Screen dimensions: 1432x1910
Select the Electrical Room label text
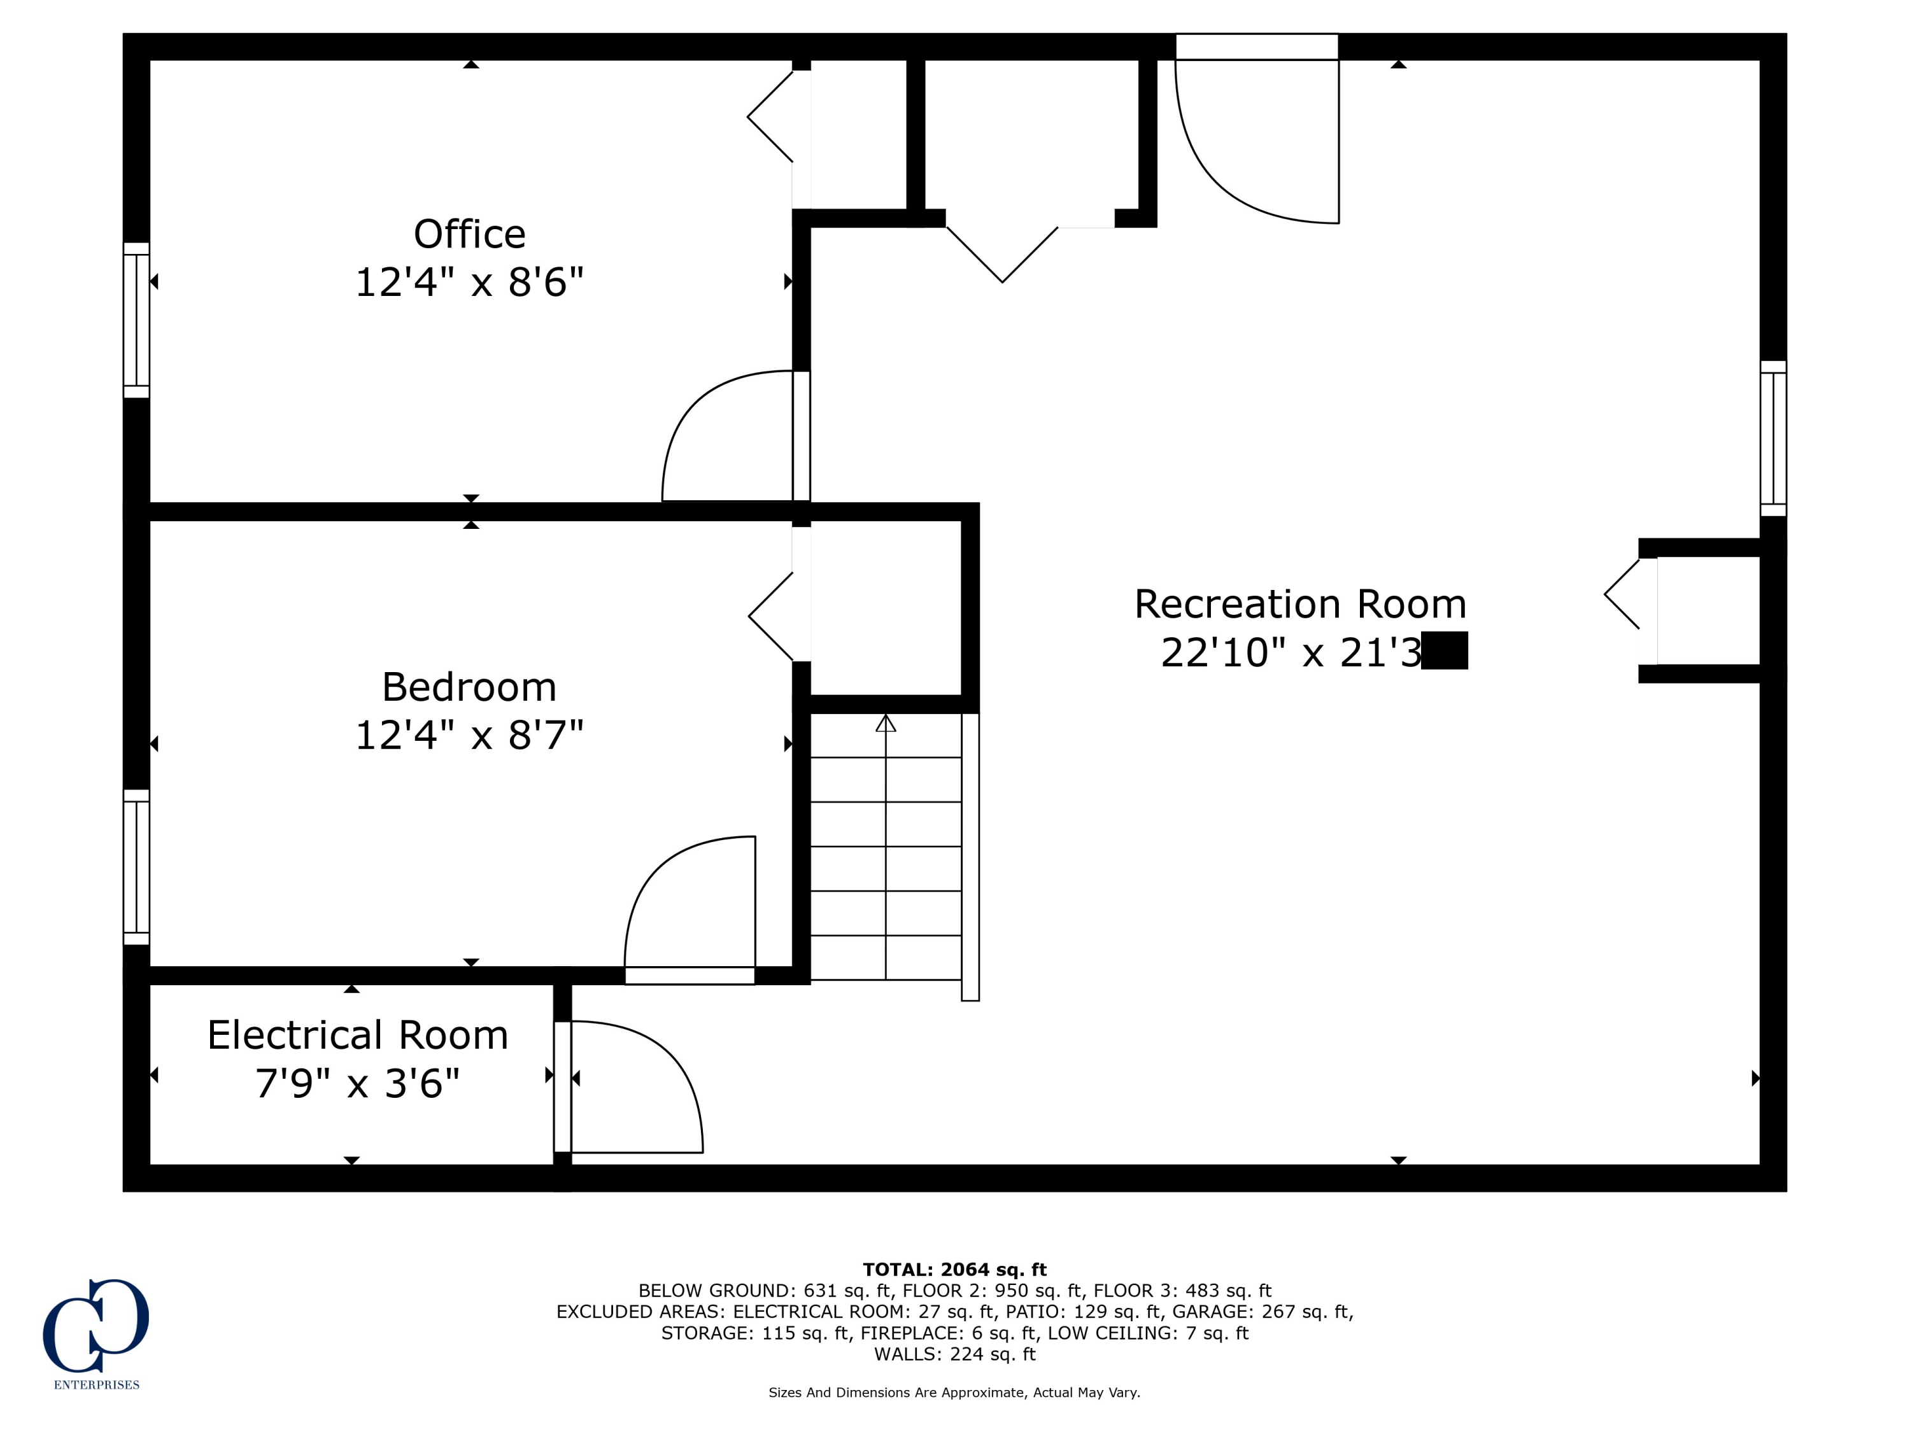tap(357, 1035)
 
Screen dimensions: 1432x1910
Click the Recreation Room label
tap(1299, 604)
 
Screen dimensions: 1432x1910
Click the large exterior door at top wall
tap(1256, 129)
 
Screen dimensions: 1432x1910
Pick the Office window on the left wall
tap(136, 320)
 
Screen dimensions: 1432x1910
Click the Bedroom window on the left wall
tap(136, 867)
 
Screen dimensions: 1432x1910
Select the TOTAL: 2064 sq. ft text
tap(954, 1270)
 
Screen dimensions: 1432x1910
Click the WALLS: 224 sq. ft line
tap(954, 1354)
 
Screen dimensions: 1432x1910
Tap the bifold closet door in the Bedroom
tap(771, 616)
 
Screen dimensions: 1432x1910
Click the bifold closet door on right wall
tap(1624, 594)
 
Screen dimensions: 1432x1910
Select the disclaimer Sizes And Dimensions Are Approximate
tap(954, 1393)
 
